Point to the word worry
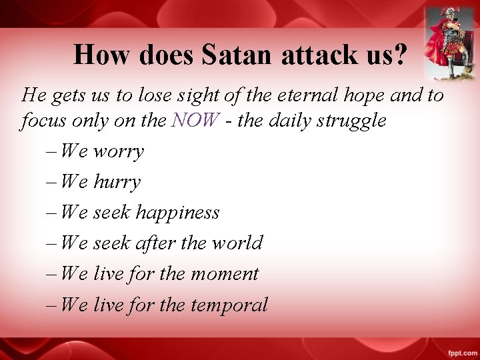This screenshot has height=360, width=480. tap(118, 152)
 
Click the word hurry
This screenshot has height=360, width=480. tap(117, 182)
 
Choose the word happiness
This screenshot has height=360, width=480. tap(177, 213)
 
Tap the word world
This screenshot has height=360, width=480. tap(237, 243)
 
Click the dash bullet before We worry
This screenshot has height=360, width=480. tap(52, 152)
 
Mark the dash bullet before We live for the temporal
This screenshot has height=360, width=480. tap(52, 305)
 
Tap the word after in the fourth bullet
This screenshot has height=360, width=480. tap(155, 243)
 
